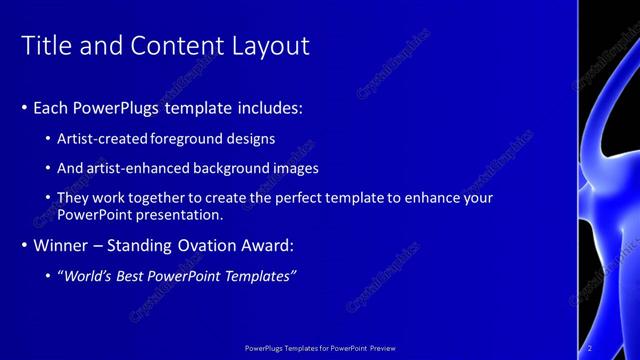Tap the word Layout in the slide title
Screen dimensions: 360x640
click(x=270, y=46)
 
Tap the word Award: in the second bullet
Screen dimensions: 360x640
click(x=266, y=245)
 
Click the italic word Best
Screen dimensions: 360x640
click(x=132, y=275)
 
